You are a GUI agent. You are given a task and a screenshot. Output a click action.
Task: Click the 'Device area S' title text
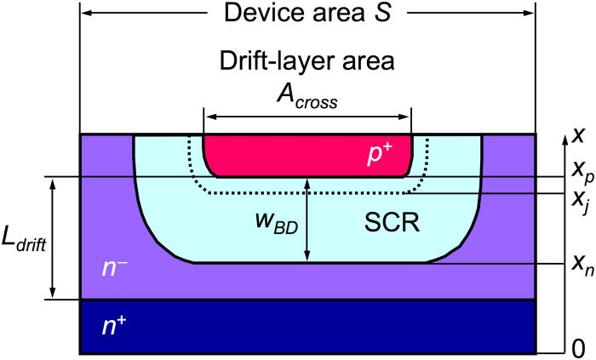(307, 14)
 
